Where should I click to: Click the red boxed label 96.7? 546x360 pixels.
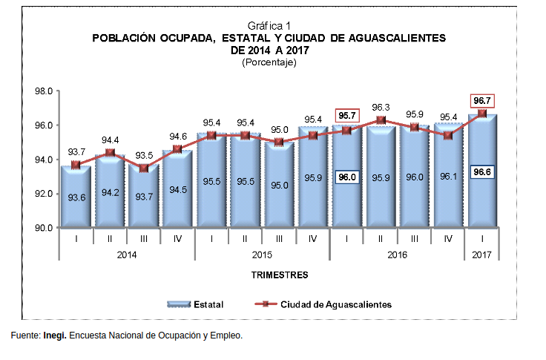point(482,100)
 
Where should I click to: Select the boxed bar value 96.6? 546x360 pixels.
point(482,171)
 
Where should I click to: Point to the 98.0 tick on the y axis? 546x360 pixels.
point(44,91)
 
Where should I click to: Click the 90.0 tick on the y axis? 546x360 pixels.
point(44,228)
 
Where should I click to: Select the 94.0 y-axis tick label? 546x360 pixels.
point(44,160)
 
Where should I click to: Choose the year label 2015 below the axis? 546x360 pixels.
point(263,255)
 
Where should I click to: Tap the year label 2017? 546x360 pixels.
point(482,255)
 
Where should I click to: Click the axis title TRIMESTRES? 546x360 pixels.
point(280,275)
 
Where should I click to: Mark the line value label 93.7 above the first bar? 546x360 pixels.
point(76,152)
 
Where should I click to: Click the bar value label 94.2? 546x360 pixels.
point(110,192)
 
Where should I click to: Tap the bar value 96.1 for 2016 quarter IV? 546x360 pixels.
point(448,177)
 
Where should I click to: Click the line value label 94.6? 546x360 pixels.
point(178,137)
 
